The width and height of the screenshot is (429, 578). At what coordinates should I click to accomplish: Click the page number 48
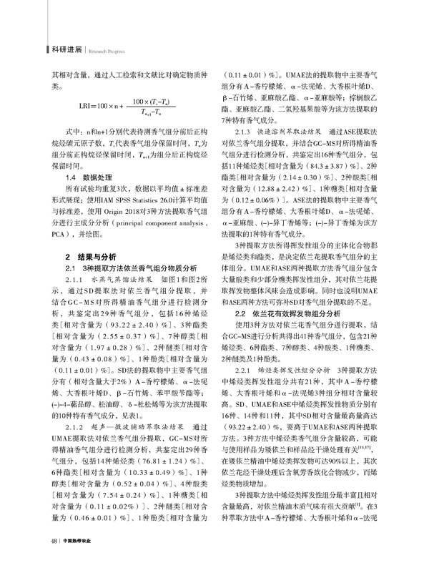tap(54, 560)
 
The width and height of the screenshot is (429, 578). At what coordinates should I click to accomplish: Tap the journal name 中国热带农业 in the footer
tap(80, 560)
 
